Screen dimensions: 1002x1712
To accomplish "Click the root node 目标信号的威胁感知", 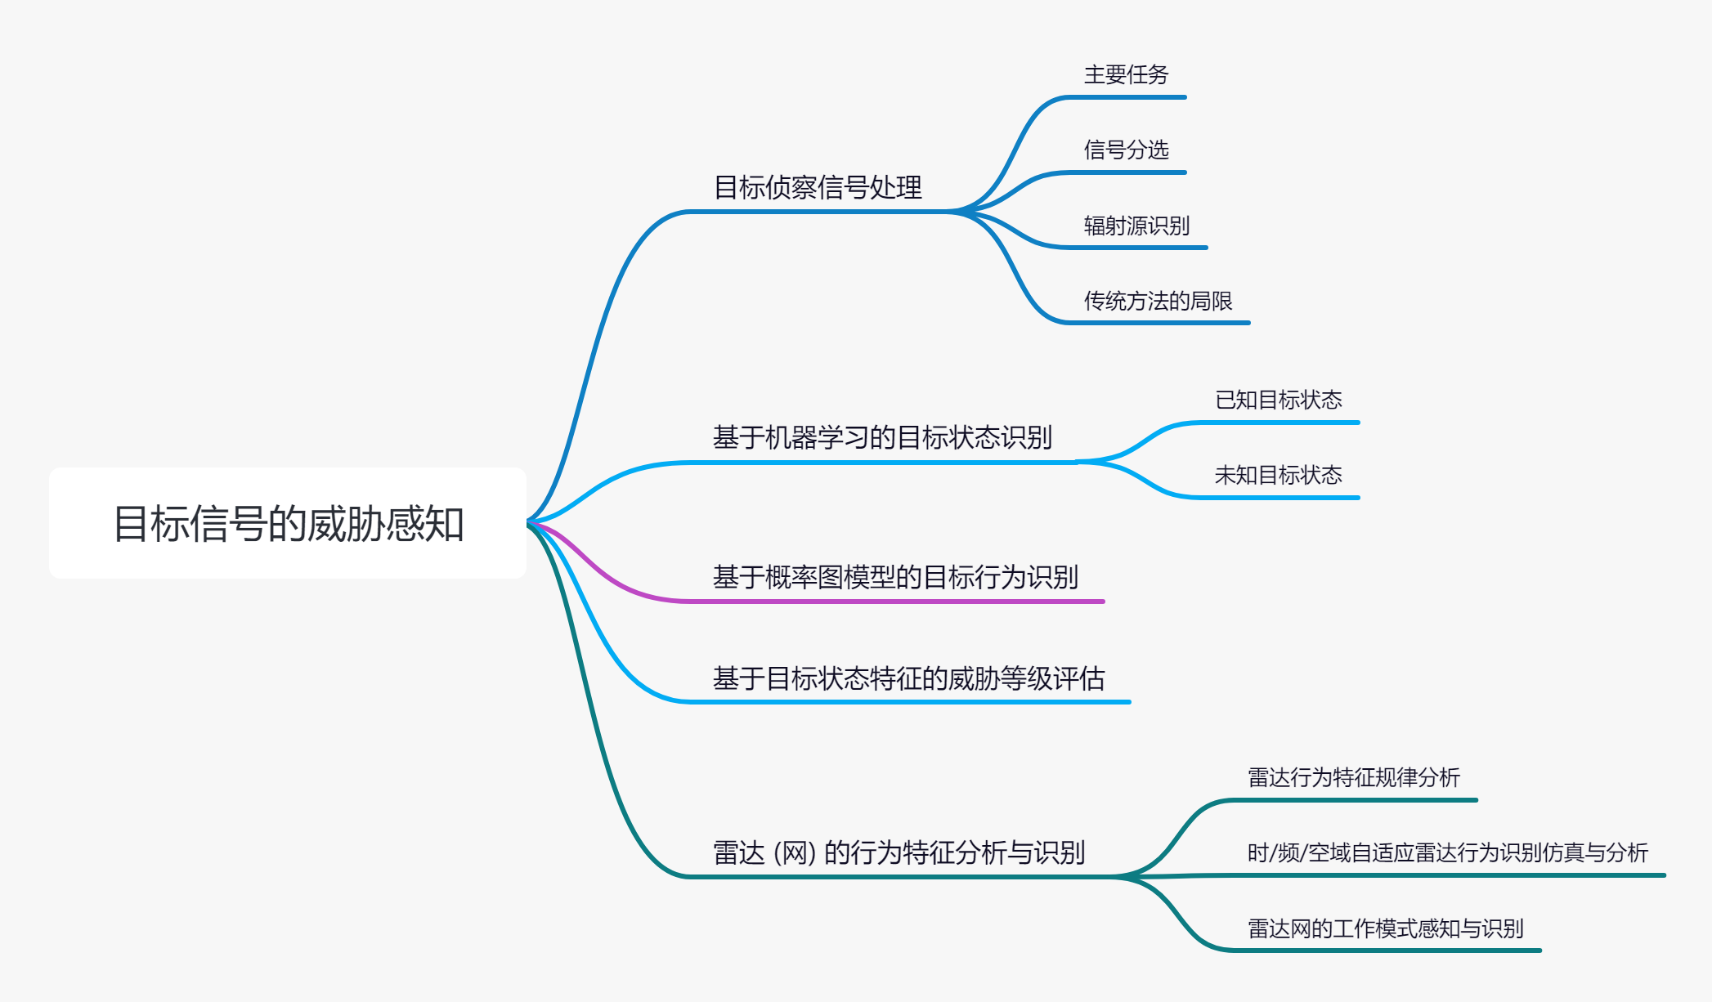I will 288,523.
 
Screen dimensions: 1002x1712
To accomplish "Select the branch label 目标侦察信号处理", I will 818,188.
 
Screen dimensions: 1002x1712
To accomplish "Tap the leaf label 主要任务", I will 1126,75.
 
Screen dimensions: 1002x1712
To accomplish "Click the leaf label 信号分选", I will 1126,150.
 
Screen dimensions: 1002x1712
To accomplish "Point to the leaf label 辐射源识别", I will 1136,226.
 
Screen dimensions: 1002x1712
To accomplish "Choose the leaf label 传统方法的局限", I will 1158,301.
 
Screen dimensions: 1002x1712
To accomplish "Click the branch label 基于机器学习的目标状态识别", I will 882,438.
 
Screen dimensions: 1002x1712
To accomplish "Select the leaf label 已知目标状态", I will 1278,400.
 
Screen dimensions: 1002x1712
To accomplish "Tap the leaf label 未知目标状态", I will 1278,476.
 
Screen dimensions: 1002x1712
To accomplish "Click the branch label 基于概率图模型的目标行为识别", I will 895,578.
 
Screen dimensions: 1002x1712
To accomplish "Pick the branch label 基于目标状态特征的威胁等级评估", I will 908,678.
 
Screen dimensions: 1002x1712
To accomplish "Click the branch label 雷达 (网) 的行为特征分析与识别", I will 899,853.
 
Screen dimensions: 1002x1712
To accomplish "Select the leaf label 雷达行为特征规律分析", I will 1353,778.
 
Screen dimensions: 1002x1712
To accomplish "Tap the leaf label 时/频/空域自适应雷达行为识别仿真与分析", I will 1447,853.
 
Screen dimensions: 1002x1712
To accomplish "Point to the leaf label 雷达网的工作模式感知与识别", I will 1385,929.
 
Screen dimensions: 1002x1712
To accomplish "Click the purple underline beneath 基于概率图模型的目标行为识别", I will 899,602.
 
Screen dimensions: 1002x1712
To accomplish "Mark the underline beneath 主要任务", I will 1128,97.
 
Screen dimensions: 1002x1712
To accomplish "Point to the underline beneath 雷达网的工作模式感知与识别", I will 1390,951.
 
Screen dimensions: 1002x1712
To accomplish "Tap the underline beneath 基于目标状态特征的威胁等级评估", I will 908,702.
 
